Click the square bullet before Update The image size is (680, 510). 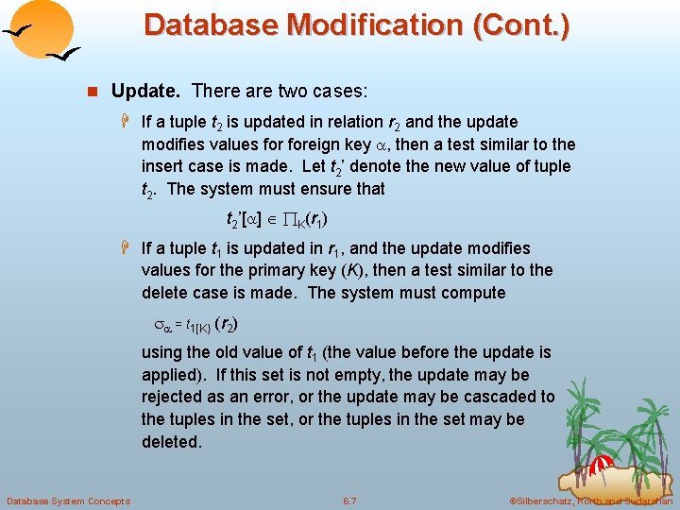[93, 93]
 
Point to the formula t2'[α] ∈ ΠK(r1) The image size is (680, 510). [277, 221]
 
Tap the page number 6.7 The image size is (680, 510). [349, 501]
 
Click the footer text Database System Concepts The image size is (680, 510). [68, 501]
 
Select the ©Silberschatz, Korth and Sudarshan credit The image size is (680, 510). [590, 501]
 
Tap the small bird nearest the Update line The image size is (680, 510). [63, 57]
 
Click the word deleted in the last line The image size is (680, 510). [171, 441]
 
